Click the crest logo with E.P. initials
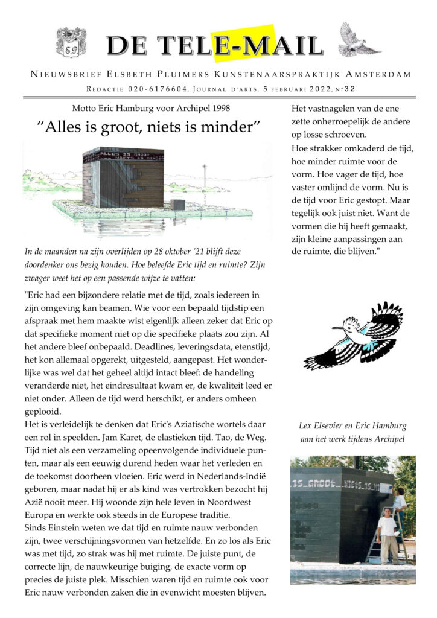[71, 42]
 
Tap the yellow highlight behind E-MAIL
[244, 43]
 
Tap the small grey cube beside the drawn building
[177, 204]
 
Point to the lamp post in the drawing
[205, 179]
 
